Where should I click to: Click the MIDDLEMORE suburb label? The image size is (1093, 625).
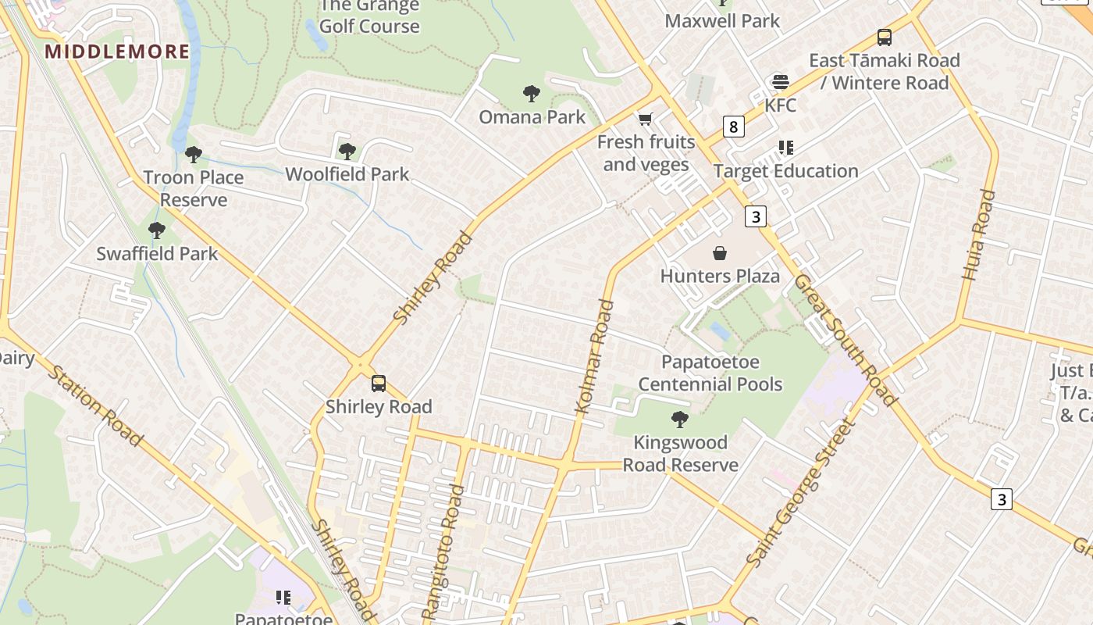point(117,52)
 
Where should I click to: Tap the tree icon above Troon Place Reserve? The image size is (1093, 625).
point(193,155)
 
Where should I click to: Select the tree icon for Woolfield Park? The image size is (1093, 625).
point(347,151)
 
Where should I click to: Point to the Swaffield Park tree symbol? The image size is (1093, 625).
point(157,230)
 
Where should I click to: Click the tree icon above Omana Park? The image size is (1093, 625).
point(532,95)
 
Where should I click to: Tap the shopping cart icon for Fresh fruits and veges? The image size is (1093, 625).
point(645,120)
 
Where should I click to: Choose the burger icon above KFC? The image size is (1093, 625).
point(780,82)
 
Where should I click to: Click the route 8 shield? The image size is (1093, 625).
point(733,127)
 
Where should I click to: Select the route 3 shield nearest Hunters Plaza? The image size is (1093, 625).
point(755,216)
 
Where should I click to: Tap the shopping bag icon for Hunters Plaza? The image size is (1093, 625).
point(720,253)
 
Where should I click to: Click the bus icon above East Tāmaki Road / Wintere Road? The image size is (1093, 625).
point(884,37)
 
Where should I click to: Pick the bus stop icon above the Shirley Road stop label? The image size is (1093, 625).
point(379,384)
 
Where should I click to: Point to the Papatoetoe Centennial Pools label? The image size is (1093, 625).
point(710,373)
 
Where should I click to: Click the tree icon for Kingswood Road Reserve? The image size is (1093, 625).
point(680,420)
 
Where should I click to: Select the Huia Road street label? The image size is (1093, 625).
point(979,234)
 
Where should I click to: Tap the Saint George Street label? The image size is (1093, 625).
point(801,495)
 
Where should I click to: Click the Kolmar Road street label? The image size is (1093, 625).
point(594,357)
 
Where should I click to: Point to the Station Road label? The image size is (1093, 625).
point(95,404)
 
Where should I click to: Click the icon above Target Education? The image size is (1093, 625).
point(785,148)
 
